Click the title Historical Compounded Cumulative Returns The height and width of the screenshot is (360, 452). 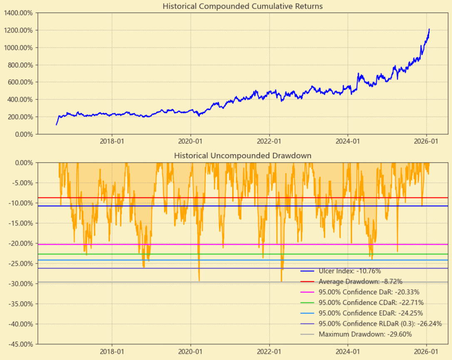[x=242, y=6]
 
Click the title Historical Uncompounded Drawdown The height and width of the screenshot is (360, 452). [x=242, y=155]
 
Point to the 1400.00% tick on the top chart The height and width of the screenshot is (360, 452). [x=18, y=13]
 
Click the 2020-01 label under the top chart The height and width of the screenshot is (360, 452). [x=191, y=142]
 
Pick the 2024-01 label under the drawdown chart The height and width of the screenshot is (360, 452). [x=348, y=352]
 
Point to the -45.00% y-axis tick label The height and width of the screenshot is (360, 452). [x=20, y=344]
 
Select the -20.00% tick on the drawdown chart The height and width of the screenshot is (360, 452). [x=20, y=243]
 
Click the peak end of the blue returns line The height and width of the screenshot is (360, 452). [x=429, y=29]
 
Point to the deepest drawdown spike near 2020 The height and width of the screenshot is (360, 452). [x=199, y=280]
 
